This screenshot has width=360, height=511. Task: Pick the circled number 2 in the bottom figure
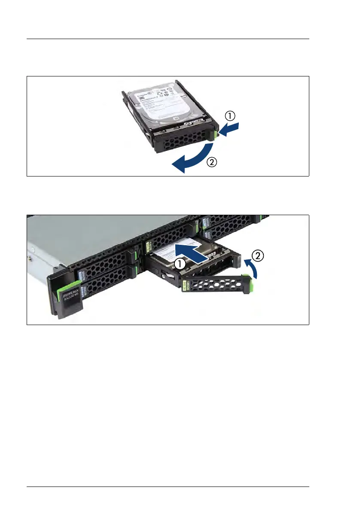[257, 256]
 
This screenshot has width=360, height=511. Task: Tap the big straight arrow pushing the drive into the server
[196, 252]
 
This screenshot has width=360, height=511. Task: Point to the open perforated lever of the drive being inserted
[215, 284]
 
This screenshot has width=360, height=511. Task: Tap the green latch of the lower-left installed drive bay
[135, 270]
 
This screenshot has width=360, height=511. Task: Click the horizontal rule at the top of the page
[168, 39]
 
